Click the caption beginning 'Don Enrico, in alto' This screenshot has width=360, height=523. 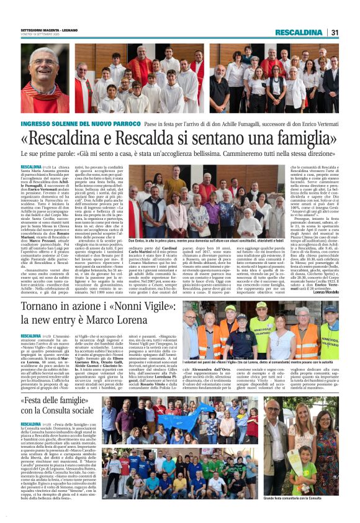pyautogui.click(x=186, y=240)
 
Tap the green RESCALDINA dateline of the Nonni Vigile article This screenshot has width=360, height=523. pyautogui.click(x=31, y=336)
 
